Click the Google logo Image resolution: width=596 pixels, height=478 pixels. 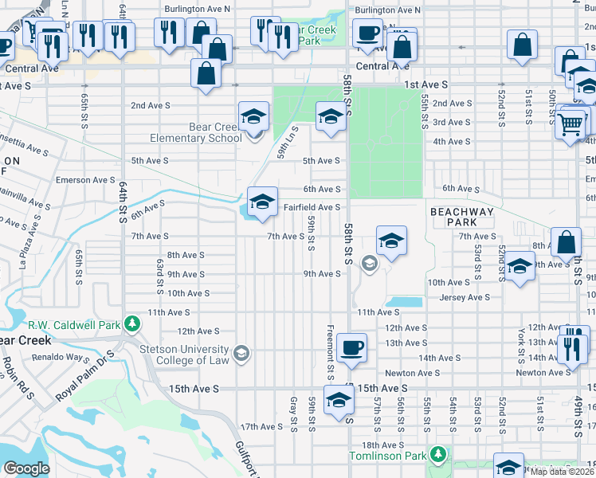click(x=25, y=468)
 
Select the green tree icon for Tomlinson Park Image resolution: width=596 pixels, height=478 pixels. click(x=437, y=455)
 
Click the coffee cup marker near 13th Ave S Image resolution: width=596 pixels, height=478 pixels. click(x=351, y=347)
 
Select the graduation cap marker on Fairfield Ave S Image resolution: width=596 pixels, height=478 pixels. click(x=260, y=202)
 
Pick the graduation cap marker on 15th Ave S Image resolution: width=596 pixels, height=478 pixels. click(x=339, y=401)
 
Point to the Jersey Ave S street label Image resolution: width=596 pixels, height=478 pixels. click(x=465, y=297)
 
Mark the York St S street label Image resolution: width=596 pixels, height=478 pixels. click(x=520, y=341)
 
